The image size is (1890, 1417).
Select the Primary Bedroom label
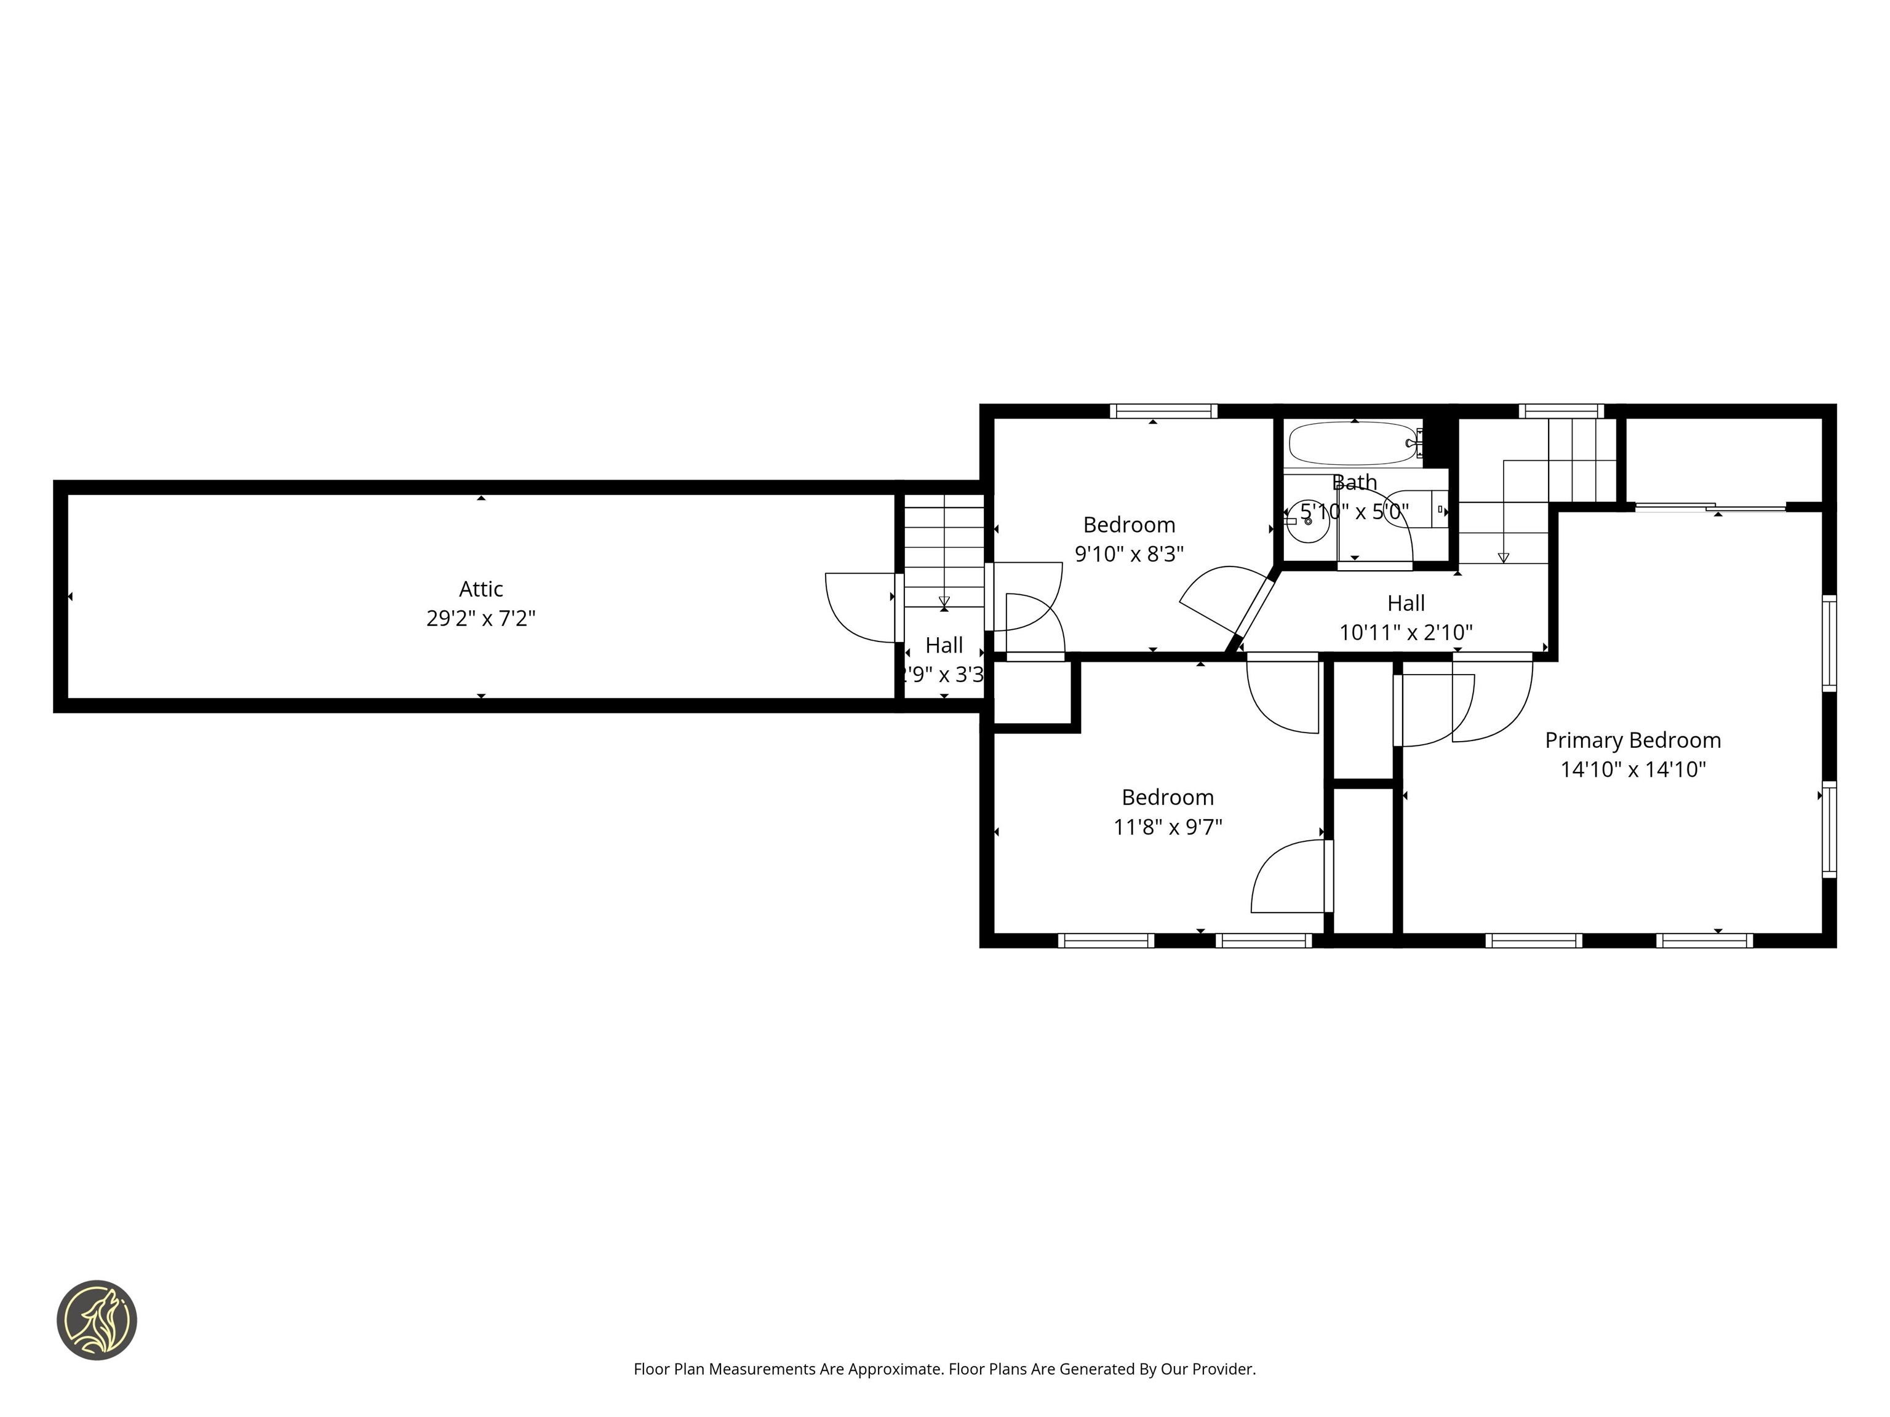(1632, 740)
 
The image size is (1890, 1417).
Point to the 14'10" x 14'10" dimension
(1632, 769)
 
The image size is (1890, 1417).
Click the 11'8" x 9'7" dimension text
(1167, 827)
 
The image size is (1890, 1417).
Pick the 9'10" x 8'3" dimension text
(1129, 554)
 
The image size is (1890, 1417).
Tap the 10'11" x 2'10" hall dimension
(1406, 633)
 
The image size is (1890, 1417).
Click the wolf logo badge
(97, 1320)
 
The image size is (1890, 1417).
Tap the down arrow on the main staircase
(1504, 557)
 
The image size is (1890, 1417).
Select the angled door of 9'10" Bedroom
(1253, 610)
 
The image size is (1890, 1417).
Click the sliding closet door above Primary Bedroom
(1709, 508)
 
